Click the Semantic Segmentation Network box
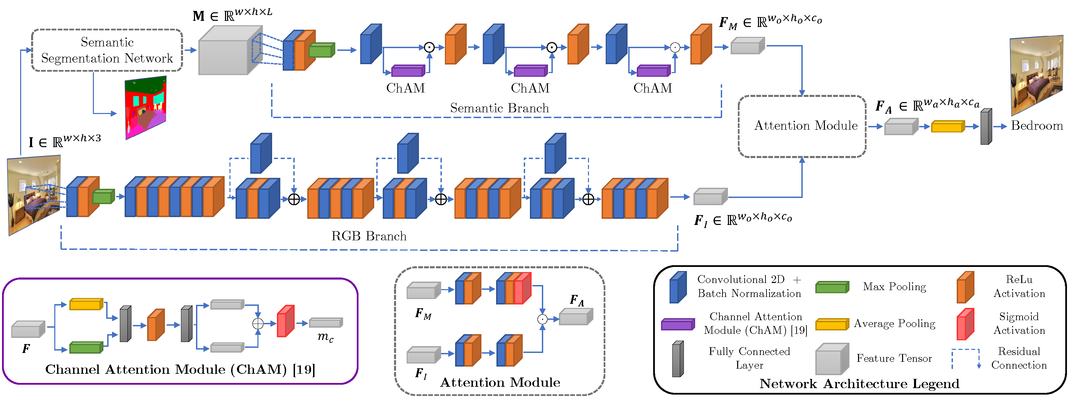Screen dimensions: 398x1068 [x=107, y=50]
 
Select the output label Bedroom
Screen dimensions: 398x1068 [x=1037, y=126]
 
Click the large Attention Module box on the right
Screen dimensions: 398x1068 [x=802, y=126]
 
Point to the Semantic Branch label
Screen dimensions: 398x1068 [x=499, y=108]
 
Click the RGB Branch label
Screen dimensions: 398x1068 [x=369, y=236]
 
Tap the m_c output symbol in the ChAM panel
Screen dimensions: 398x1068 [x=325, y=337]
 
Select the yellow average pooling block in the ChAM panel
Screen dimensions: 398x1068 [x=86, y=304]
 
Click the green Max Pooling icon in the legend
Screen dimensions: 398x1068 [x=832, y=287]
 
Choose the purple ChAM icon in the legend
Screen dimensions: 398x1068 [x=678, y=324]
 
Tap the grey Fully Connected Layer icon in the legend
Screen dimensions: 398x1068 [x=678, y=359]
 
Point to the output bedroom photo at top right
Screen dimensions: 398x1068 [x=1037, y=75]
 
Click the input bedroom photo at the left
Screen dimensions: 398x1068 [x=34, y=195]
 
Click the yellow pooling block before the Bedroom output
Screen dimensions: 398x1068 [x=948, y=126]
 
